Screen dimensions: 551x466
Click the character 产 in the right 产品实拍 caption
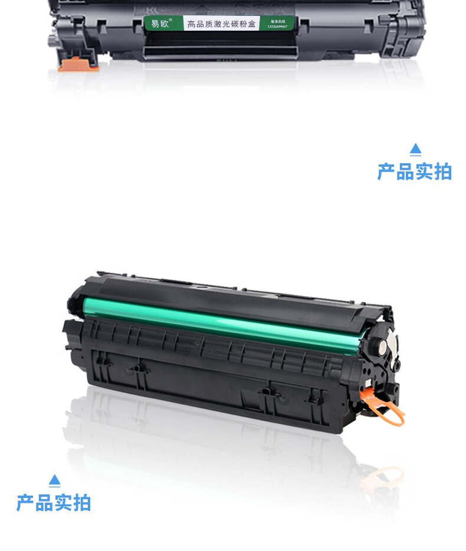point(387,171)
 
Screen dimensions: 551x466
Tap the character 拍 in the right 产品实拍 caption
point(442,171)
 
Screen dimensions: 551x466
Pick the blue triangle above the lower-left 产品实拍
point(54,480)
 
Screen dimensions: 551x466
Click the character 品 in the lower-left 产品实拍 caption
point(45,503)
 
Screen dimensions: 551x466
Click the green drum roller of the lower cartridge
point(224,321)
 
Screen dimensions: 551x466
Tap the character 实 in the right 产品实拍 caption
point(424,171)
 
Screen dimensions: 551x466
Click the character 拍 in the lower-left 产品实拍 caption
point(82,503)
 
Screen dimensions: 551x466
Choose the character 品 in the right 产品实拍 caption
point(405,171)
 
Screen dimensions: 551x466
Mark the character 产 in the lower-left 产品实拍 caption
point(26,503)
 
